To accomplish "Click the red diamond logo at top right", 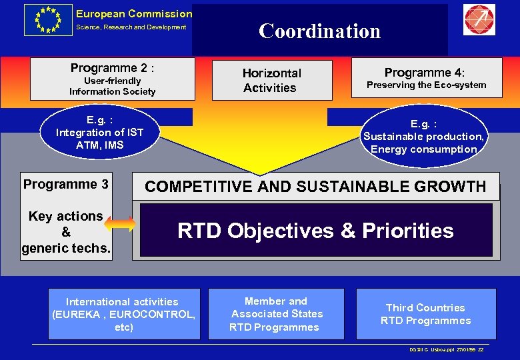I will click(x=479, y=20).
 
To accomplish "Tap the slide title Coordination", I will click(x=319, y=31).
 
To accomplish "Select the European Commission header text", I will click(x=133, y=13).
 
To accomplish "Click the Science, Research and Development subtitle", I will click(x=131, y=27).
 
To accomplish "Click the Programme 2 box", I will click(x=113, y=79).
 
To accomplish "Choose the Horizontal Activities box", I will click(x=271, y=80).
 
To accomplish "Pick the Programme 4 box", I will click(x=426, y=77).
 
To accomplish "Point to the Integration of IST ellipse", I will click(x=99, y=132).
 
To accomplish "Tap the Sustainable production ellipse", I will click(x=423, y=137).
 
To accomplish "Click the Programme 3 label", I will click(x=66, y=184).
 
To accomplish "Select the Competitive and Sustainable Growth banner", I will click(x=315, y=187).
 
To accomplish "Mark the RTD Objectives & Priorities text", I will click(x=315, y=231).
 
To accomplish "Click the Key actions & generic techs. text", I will click(x=66, y=233).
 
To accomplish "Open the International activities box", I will click(x=123, y=314).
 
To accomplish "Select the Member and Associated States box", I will click(x=276, y=314).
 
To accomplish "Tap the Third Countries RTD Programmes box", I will click(x=425, y=314).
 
